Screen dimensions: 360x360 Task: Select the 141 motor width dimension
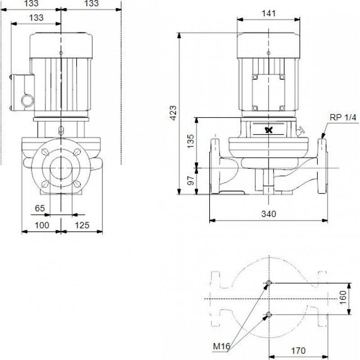click(x=268, y=13)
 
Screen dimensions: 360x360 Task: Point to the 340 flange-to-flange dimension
click(x=269, y=214)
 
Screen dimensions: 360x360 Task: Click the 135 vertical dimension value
click(x=190, y=140)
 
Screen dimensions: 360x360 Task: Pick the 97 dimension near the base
click(x=190, y=180)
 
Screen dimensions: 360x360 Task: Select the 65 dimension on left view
click(x=40, y=208)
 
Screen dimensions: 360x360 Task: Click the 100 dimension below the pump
click(x=41, y=225)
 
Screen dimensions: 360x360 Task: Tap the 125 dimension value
click(x=82, y=225)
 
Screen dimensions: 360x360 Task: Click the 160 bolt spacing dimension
click(x=343, y=297)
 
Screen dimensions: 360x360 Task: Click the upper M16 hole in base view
click(x=269, y=283)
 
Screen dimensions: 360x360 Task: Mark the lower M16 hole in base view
click(x=269, y=314)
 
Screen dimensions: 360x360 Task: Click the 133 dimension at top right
click(x=91, y=4)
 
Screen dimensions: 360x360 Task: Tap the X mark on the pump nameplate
click(x=269, y=130)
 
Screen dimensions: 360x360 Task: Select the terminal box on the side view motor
click(x=269, y=92)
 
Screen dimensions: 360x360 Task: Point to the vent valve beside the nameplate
click(x=300, y=132)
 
